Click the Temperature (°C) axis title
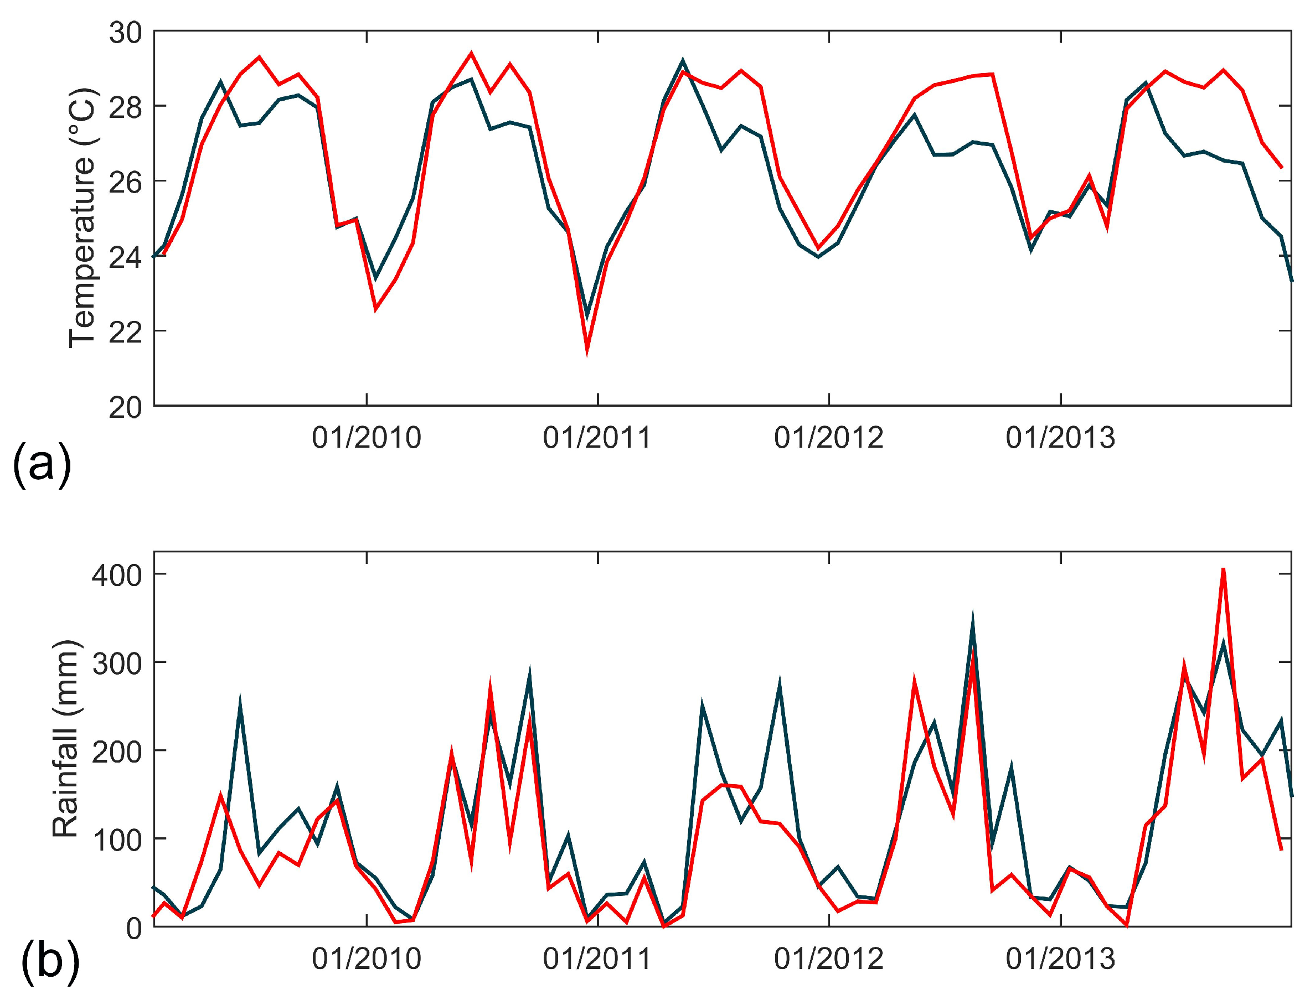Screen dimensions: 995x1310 [x=82, y=218]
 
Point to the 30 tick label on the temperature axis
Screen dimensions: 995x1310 [x=125, y=33]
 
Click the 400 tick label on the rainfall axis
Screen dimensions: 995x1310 [x=117, y=575]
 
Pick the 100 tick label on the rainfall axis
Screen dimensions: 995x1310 [x=117, y=840]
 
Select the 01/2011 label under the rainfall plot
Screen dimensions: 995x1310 [x=597, y=959]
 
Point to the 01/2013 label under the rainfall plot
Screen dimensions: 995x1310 [x=1060, y=959]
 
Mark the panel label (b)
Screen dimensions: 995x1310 [x=50, y=962]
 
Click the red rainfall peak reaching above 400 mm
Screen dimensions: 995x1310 [x=1223, y=570]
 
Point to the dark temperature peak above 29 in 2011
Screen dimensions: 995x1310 [x=683, y=60]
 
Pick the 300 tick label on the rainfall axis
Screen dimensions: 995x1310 [x=117, y=664]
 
